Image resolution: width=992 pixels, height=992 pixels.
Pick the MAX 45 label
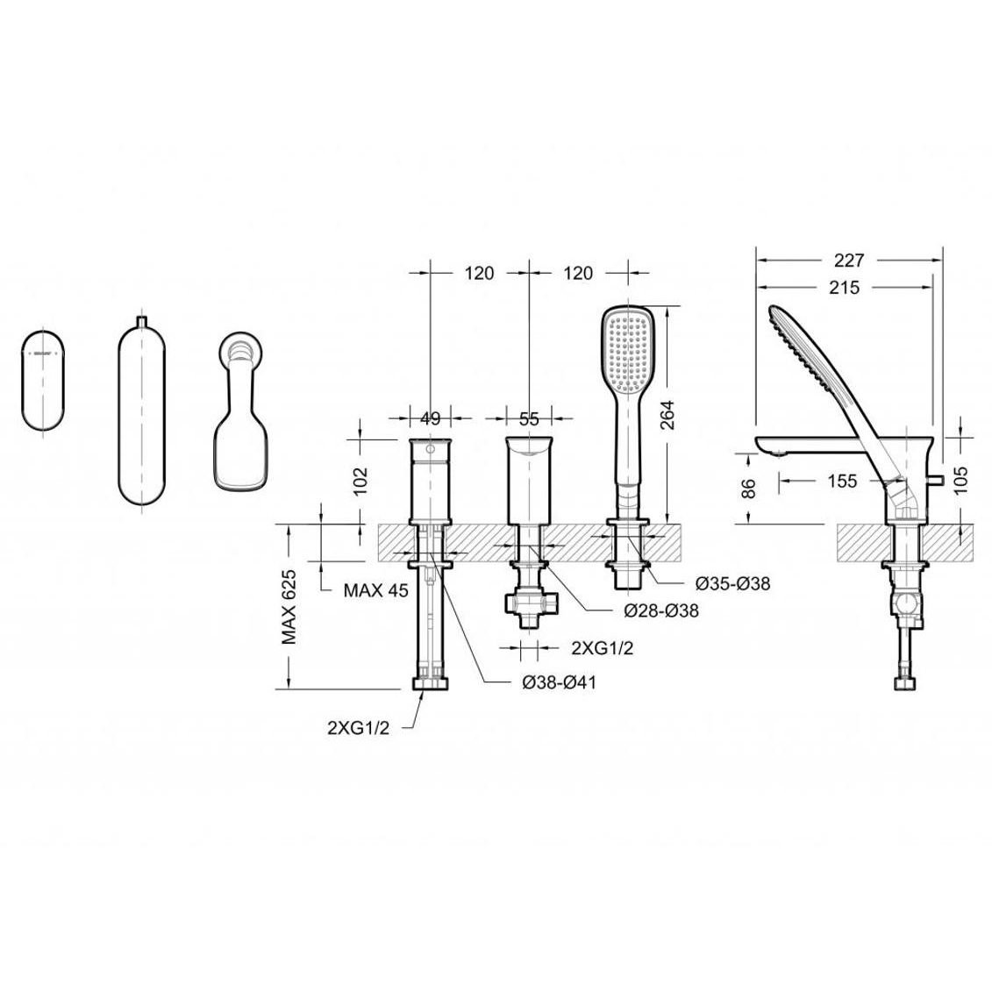pyautogui.click(x=376, y=590)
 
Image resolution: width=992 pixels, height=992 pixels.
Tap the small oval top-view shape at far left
pyautogui.click(x=41, y=381)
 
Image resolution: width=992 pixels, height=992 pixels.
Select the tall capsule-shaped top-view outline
pyautogui.click(x=141, y=412)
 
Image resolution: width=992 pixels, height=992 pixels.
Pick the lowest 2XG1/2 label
pyautogui.click(x=359, y=727)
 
